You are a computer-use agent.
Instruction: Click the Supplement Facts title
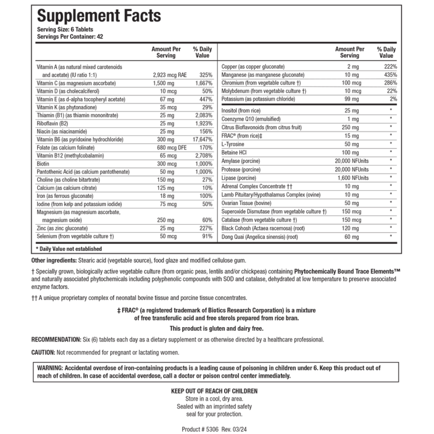(99, 16)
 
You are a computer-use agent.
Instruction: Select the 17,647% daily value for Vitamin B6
(202, 139)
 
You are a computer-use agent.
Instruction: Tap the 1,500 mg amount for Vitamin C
(164, 83)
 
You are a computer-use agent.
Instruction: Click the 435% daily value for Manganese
(390, 75)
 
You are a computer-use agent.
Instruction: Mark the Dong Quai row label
(260, 237)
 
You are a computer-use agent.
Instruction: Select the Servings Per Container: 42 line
(70, 36)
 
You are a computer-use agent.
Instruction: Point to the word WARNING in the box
(50, 368)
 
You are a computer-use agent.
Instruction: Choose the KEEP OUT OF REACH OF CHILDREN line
(214, 391)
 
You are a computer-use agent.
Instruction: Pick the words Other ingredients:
(54, 260)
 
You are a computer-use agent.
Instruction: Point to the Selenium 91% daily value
(206, 236)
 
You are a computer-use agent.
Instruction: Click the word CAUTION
(43, 352)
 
